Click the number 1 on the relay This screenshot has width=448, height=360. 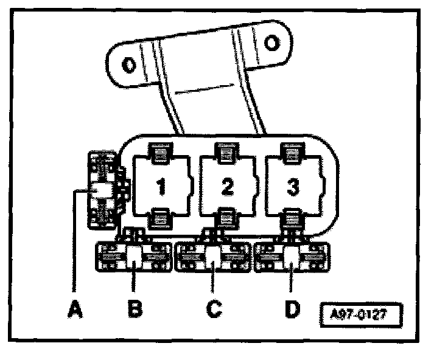161,186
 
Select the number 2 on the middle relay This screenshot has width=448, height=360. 226,186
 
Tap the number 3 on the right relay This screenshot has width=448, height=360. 293,186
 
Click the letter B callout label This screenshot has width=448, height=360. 135,308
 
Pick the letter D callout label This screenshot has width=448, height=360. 292,308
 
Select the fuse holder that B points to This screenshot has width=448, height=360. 134,257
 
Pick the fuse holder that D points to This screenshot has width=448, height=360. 292,257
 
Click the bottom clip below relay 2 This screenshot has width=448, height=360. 227,216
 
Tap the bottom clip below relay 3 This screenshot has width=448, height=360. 293,216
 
